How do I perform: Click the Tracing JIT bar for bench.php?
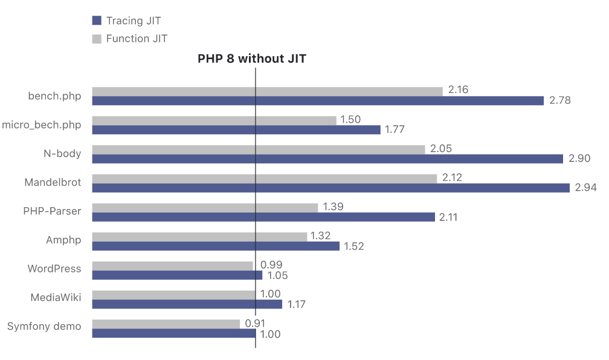[x=318, y=101]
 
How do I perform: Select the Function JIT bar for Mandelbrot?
[x=264, y=179]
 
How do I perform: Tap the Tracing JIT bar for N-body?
[x=327, y=159]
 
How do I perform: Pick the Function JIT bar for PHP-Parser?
[x=205, y=208]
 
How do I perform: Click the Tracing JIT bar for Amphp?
[x=216, y=246]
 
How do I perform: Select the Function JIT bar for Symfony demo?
[x=166, y=324]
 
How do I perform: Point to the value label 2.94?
[x=585, y=188]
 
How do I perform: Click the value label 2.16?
[x=459, y=90]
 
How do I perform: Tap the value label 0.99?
[x=271, y=265]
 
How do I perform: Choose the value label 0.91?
[x=256, y=323]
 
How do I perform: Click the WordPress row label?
[x=54, y=269]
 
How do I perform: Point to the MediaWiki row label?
[x=56, y=297]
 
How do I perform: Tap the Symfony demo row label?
[x=44, y=326]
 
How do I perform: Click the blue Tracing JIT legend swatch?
[x=96, y=21]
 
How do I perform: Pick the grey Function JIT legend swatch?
[x=96, y=39]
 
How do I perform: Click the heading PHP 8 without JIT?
[x=252, y=59]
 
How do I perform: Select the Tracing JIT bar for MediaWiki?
[x=187, y=304]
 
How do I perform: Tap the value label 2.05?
[x=440, y=149]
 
